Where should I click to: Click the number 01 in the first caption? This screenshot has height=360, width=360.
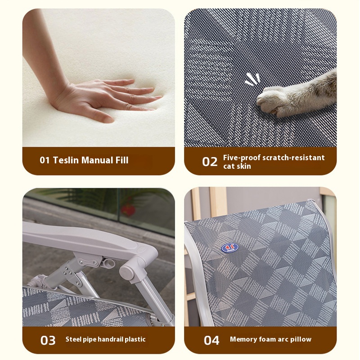[45, 160]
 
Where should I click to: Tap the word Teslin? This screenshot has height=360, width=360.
[66, 160]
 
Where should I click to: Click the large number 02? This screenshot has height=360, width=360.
[210, 162]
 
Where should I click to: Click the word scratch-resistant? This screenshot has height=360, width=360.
[294, 158]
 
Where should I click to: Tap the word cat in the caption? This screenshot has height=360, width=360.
[229, 166]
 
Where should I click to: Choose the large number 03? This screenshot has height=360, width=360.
[48, 341]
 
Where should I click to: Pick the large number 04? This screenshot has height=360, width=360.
[211, 341]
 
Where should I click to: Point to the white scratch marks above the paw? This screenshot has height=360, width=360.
[252, 79]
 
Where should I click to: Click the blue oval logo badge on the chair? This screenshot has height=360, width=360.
[229, 248]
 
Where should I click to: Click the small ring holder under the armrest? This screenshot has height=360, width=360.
[108, 263]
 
